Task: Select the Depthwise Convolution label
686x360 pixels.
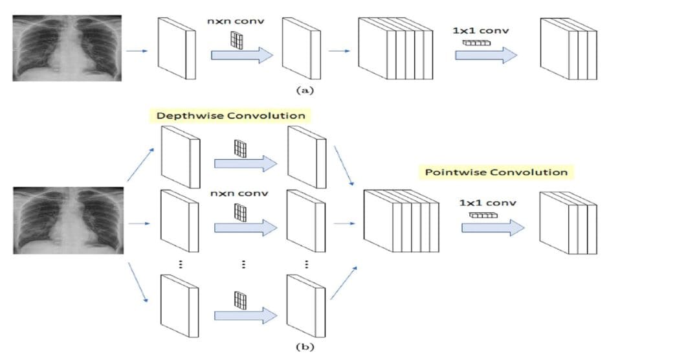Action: click(x=230, y=116)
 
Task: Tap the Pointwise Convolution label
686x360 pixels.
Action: click(x=496, y=172)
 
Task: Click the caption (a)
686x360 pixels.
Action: click(x=304, y=91)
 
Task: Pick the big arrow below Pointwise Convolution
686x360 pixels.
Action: click(x=492, y=228)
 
